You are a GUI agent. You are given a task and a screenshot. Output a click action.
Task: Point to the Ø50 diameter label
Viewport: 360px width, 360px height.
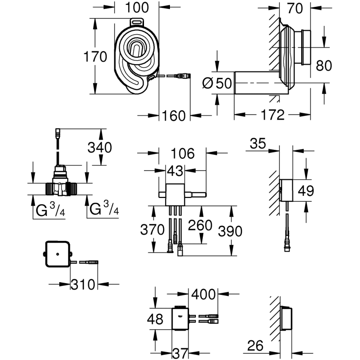coord(216,83)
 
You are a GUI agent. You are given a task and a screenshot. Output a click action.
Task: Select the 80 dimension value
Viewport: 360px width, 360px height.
coord(337,65)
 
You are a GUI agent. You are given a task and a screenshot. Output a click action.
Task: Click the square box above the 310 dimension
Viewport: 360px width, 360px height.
coord(58,255)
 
